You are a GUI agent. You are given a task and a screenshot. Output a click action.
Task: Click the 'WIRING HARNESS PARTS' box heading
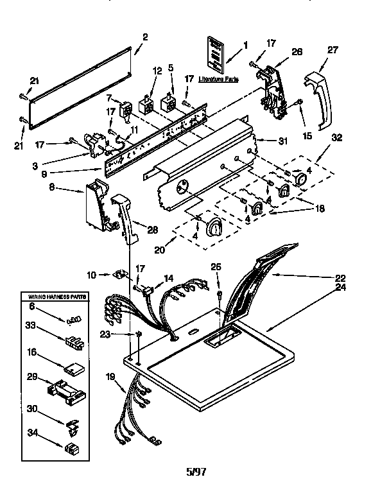tap(56, 297)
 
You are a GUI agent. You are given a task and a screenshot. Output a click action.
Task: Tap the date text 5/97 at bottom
tap(196, 471)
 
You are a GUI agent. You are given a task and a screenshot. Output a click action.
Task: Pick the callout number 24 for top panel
tap(340, 288)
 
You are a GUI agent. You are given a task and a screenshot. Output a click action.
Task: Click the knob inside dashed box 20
tap(214, 226)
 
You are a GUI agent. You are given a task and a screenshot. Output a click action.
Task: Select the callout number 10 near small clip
tap(91, 274)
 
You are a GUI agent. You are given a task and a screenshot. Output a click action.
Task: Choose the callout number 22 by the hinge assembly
tap(340, 278)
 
